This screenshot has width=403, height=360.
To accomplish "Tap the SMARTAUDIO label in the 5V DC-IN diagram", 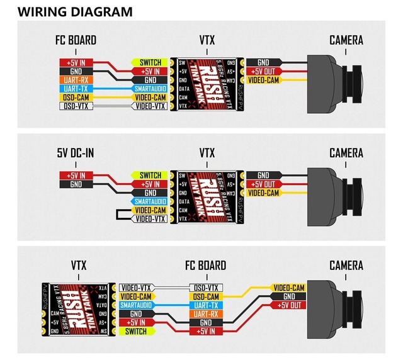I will coord(150,201).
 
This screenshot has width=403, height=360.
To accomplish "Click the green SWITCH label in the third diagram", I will coord(136,331).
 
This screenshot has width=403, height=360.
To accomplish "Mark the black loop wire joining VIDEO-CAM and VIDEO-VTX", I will coord(116,214).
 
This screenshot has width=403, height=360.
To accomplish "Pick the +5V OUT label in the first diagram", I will coord(263,71).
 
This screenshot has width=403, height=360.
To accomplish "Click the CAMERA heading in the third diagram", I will coord(346,266).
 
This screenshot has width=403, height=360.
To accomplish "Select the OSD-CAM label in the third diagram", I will coord(206,296).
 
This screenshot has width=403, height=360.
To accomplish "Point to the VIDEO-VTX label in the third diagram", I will coord(136,288).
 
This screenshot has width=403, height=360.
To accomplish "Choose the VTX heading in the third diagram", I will coord(78,266).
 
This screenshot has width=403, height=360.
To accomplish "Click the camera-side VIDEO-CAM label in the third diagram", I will coord(289,288).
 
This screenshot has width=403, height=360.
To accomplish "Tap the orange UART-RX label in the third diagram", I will coord(206,313).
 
